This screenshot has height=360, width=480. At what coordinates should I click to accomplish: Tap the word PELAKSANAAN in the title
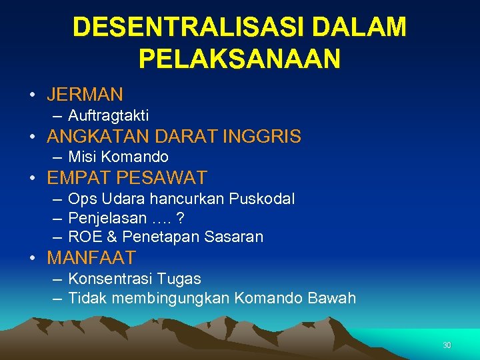click(x=240, y=59)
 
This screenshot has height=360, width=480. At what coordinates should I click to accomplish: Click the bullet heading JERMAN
click(x=85, y=94)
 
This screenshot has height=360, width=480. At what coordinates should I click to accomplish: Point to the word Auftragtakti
click(x=109, y=116)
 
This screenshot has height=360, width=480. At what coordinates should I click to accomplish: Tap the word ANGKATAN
click(x=98, y=137)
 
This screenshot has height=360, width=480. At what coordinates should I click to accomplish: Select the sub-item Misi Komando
click(x=118, y=157)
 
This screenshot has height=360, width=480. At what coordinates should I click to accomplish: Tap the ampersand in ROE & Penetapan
click(x=111, y=237)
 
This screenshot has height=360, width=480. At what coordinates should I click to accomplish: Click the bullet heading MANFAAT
click(x=91, y=257)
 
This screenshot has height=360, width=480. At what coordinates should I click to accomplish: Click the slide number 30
click(x=447, y=345)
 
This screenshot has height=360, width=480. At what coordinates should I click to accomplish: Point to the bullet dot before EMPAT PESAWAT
click(x=32, y=179)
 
